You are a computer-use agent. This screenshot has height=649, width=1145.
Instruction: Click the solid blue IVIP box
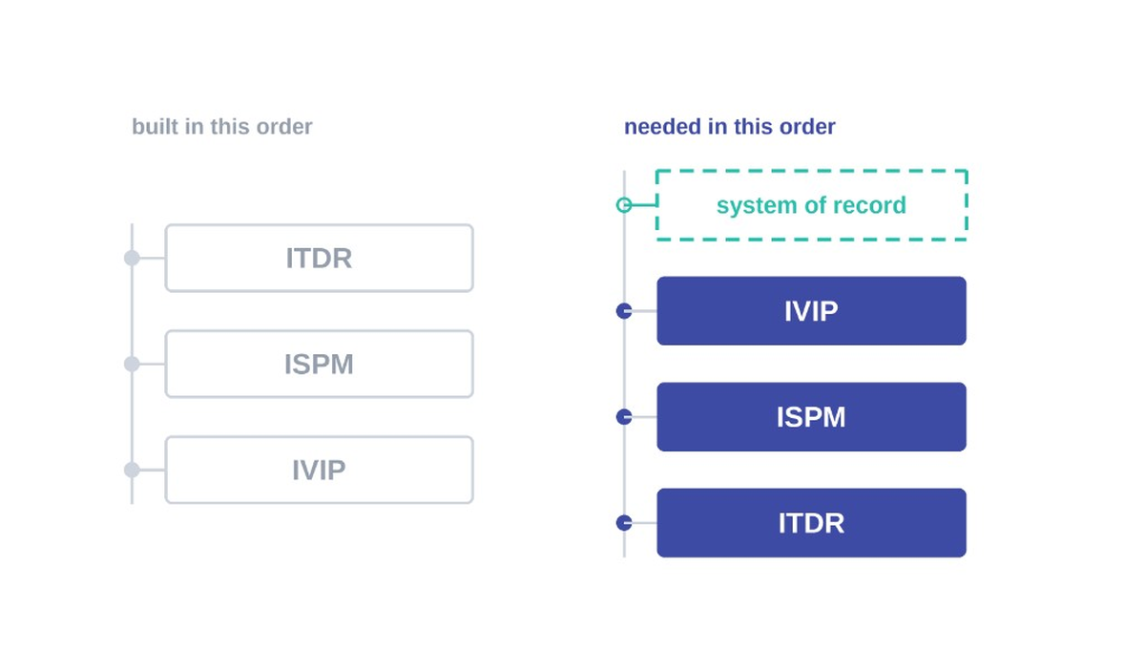[811, 311]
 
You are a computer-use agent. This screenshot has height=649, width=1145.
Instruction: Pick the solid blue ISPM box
[811, 417]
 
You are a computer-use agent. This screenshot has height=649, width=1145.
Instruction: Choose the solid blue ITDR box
[811, 523]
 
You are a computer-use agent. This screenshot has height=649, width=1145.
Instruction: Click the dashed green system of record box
[811, 171]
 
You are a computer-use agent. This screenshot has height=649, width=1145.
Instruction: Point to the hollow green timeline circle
[617, 205]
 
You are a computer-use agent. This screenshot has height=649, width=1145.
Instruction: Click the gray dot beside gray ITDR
[132, 258]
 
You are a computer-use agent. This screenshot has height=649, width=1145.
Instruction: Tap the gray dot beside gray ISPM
[132, 364]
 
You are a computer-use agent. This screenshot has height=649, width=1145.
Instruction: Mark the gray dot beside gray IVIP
[132, 470]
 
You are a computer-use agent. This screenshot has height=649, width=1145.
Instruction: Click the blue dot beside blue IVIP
[624, 311]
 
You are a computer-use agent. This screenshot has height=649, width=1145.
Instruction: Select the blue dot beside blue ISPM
[624, 417]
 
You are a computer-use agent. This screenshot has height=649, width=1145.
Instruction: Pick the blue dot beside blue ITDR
[624, 523]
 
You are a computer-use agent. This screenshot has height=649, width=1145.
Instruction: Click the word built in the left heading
[155, 126]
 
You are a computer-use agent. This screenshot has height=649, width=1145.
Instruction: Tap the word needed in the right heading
[662, 126]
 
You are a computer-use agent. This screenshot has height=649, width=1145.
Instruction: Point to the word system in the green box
[756, 206]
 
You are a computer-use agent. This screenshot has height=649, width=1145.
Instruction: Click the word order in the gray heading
[284, 126]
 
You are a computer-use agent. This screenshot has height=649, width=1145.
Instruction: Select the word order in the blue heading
[807, 126]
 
